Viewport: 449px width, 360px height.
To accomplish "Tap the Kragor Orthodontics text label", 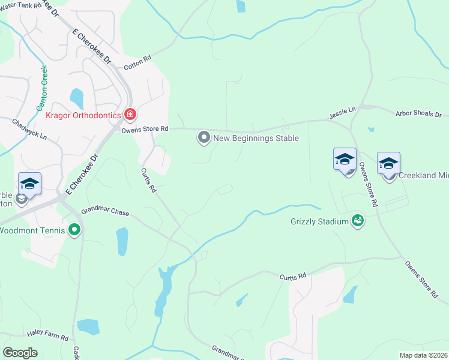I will tap(83, 114).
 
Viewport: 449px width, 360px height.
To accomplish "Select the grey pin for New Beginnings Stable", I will tap(204, 139).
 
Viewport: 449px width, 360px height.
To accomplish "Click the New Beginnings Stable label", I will tap(256, 139).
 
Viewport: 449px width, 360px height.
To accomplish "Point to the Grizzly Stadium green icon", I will tap(358, 221).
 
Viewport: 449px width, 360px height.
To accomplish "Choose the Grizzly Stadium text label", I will tap(319, 221).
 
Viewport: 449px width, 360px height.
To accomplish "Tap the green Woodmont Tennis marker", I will tap(74, 230).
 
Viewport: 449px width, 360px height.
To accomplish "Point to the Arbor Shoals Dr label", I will tap(418, 113).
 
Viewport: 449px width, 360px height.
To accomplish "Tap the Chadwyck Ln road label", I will tap(29, 128).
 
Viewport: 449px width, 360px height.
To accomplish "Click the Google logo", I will tap(20, 353).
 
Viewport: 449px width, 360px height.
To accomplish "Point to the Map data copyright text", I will tap(423, 355).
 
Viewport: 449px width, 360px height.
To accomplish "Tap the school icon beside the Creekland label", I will tap(388, 163).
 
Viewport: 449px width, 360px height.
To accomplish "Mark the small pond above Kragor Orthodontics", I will tap(77, 98).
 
